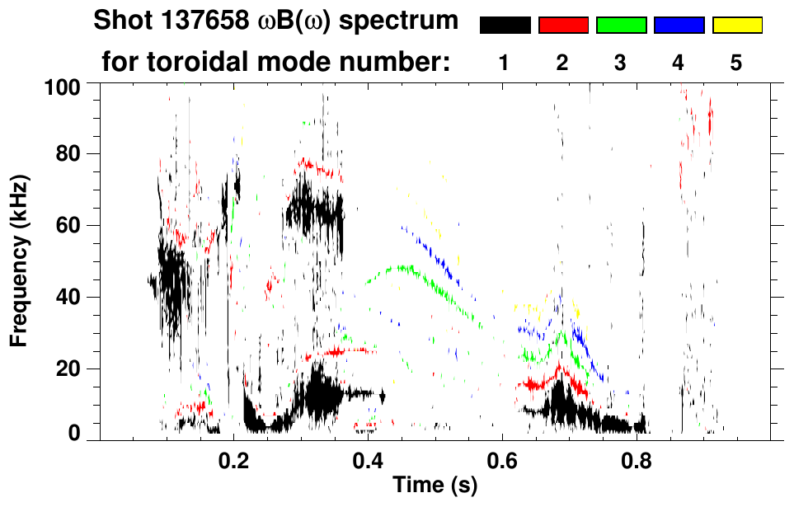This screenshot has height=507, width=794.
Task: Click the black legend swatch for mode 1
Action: coord(505,26)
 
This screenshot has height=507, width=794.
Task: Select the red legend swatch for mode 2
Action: coord(563,26)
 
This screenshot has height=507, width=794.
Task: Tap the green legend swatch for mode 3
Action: coord(621,26)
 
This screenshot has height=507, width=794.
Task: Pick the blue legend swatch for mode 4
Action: coord(679,26)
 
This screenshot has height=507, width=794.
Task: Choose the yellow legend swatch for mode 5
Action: coord(737,26)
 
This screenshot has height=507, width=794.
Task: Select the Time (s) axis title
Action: coord(435,486)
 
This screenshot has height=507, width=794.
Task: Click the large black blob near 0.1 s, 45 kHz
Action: coord(171,280)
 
